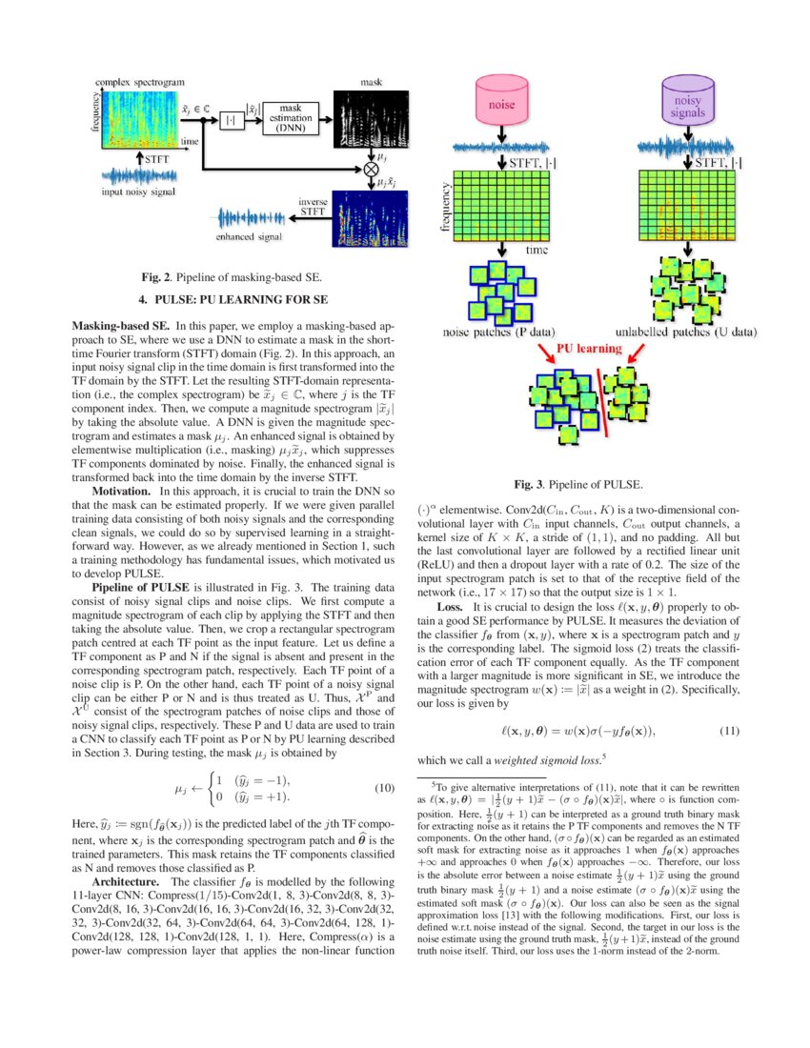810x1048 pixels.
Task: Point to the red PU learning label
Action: pos(588,349)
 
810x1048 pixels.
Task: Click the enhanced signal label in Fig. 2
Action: pos(247,236)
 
